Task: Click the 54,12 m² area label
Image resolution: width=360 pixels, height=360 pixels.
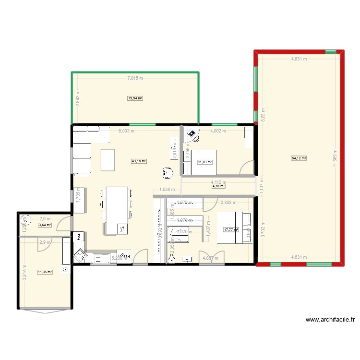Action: (x=299, y=158)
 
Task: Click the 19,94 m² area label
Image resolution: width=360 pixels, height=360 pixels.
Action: (x=135, y=98)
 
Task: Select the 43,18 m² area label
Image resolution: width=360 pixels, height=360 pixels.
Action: (x=139, y=161)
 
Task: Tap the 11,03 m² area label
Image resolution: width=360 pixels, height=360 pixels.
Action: (x=204, y=163)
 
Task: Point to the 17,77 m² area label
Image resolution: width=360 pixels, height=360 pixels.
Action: (x=231, y=230)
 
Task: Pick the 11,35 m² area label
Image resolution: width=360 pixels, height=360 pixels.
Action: (x=45, y=272)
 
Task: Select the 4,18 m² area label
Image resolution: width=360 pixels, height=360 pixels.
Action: (x=219, y=186)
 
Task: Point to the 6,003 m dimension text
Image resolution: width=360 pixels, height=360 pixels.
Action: (x=127, y=131)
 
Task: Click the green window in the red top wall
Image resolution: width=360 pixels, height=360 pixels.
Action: (x=331, y=51)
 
